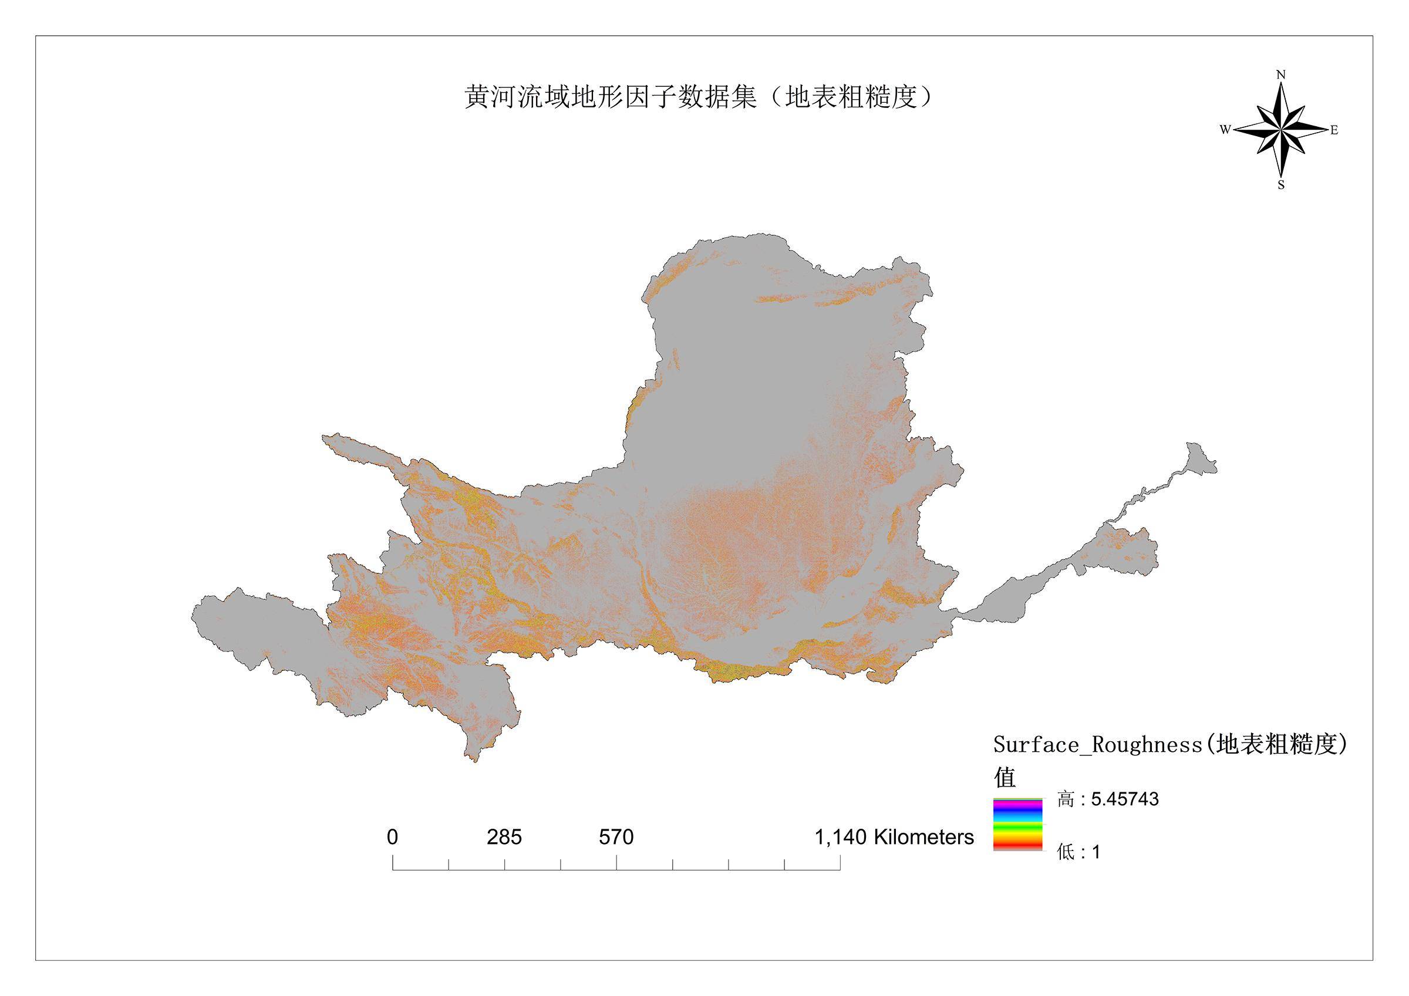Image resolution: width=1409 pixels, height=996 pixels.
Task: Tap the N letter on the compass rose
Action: pyautogui.click(x=1281, y=76)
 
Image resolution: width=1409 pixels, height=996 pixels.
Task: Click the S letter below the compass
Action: pyautogui.click(x=1282, y=185)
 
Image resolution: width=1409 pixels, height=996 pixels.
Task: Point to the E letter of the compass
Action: pyautogui.click(x=1334, y=131)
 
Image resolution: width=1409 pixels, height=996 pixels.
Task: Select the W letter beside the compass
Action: pyautogui.click(x=1225, y=130)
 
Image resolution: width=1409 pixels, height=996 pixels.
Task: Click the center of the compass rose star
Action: pyautogui.click(x=1281, y=130)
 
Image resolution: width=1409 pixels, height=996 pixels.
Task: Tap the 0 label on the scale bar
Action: pyautogui.click(x=393, y=837)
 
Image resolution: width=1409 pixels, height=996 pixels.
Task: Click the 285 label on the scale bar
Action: pyautogui.click(x=504, y=837)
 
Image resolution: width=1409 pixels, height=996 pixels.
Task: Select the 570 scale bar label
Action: pyautogui.click(x=616, y=837)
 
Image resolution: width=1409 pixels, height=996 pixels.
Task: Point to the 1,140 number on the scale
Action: pyautogui.click(x=840, y=837)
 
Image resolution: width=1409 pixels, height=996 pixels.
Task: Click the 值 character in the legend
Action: pyautogui.click(x=1004, y=778)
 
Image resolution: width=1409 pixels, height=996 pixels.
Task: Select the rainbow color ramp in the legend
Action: pyautogui.click(x=1017, y=824)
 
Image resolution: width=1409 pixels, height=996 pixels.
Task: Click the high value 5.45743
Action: pyautogui.click(x=1124, y=799)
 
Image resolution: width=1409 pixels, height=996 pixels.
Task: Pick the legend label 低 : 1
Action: pyautogui.click(x=1078, y=852)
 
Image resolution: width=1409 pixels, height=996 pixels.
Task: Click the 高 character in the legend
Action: pyautogui.click(x=1065, y=799)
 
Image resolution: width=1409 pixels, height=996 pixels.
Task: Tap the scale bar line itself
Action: pyautogui.click(x=616, y=870)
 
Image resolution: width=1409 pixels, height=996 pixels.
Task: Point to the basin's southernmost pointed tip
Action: pyautogui.click(x=474, y=759)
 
